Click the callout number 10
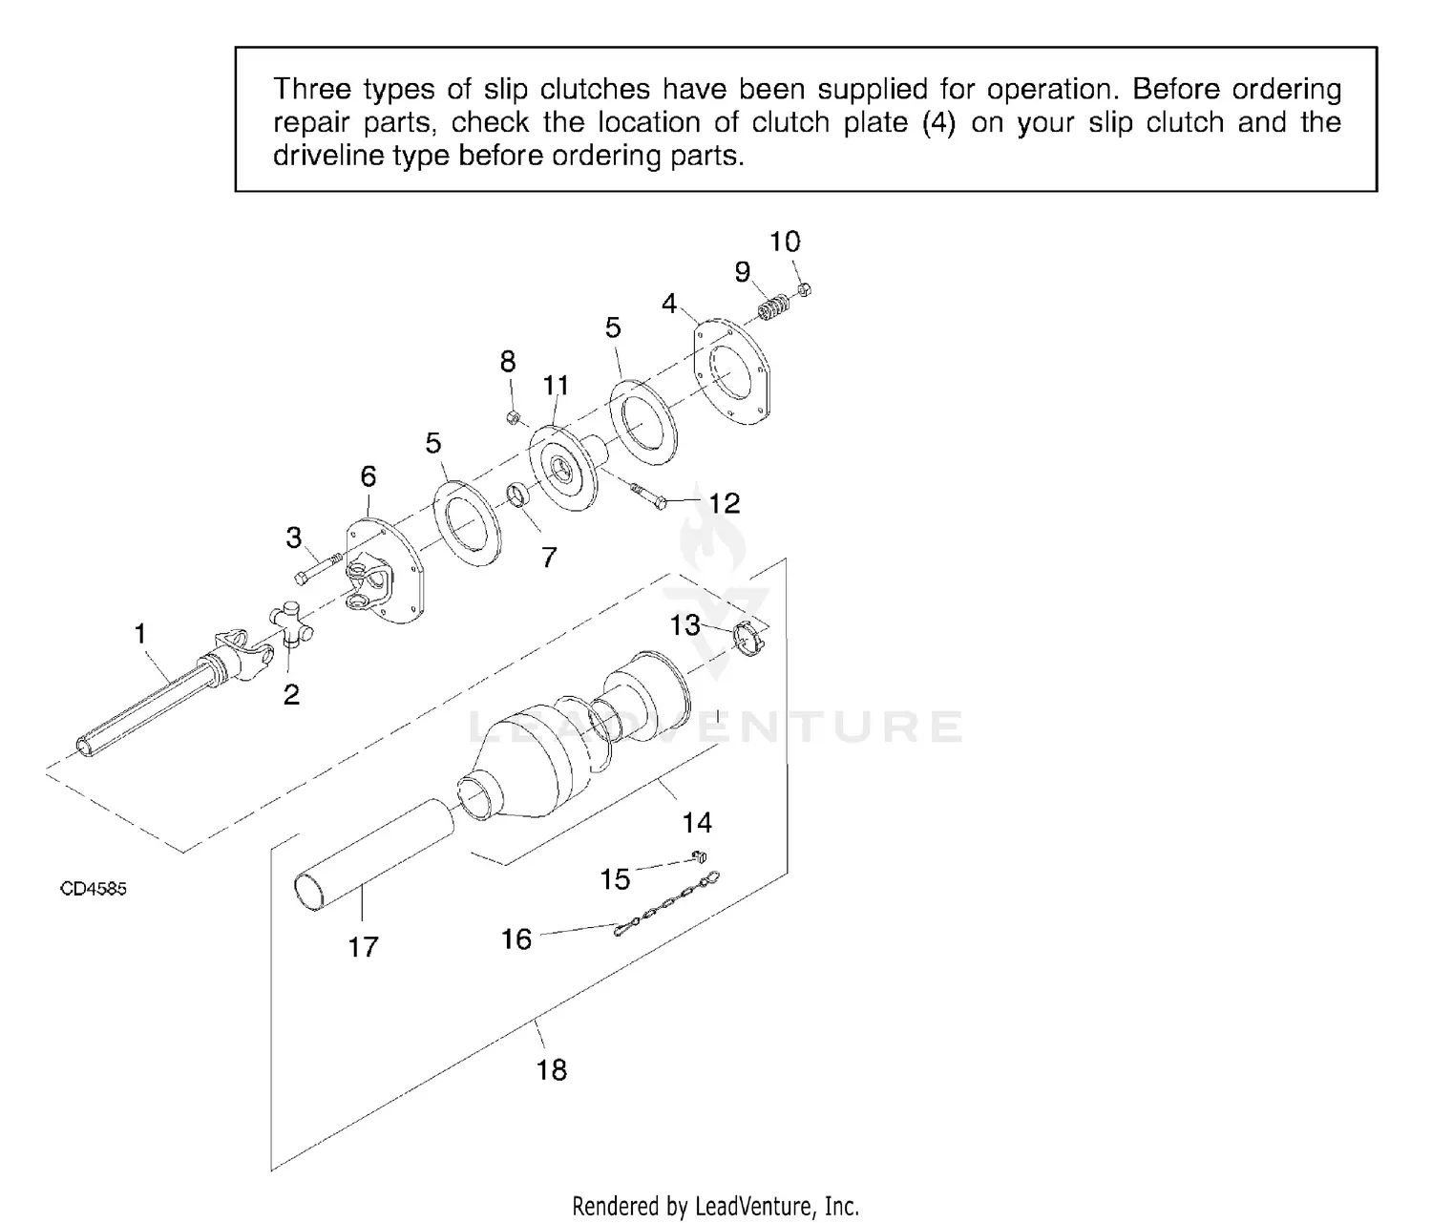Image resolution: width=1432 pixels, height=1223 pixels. pyautogui.click(x=785, y=242)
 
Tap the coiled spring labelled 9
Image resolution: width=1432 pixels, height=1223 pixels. pyautogui.click(x=774, y=308)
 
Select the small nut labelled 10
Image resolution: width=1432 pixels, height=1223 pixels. pyautogui.click(x=804, y=287)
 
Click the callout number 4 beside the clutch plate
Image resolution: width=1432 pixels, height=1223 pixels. pyautogui.click(x=669, y=304)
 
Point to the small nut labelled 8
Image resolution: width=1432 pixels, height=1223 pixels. pyautogui.click(x=513, y=416)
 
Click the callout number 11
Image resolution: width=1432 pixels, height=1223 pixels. pyautogui.click(x=556, y=385)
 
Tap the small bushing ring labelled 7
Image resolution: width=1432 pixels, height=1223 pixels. pyautogui.click(x=520, y=497)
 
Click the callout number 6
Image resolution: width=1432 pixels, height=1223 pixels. pyautogui.click(x=369, y=475)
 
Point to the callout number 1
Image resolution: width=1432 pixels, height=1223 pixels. pyautogui.click(x=141, y=633)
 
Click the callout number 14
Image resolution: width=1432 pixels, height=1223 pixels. pyautogui.click(x=697, y=822)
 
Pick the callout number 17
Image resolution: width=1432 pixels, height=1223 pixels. pyautogui.click(x=363, y=946)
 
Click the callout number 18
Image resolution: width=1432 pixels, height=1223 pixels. pyautogui.click(x=552, y=1069)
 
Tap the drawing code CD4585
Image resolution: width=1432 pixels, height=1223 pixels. pyautogui.click(x=94, y=889)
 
